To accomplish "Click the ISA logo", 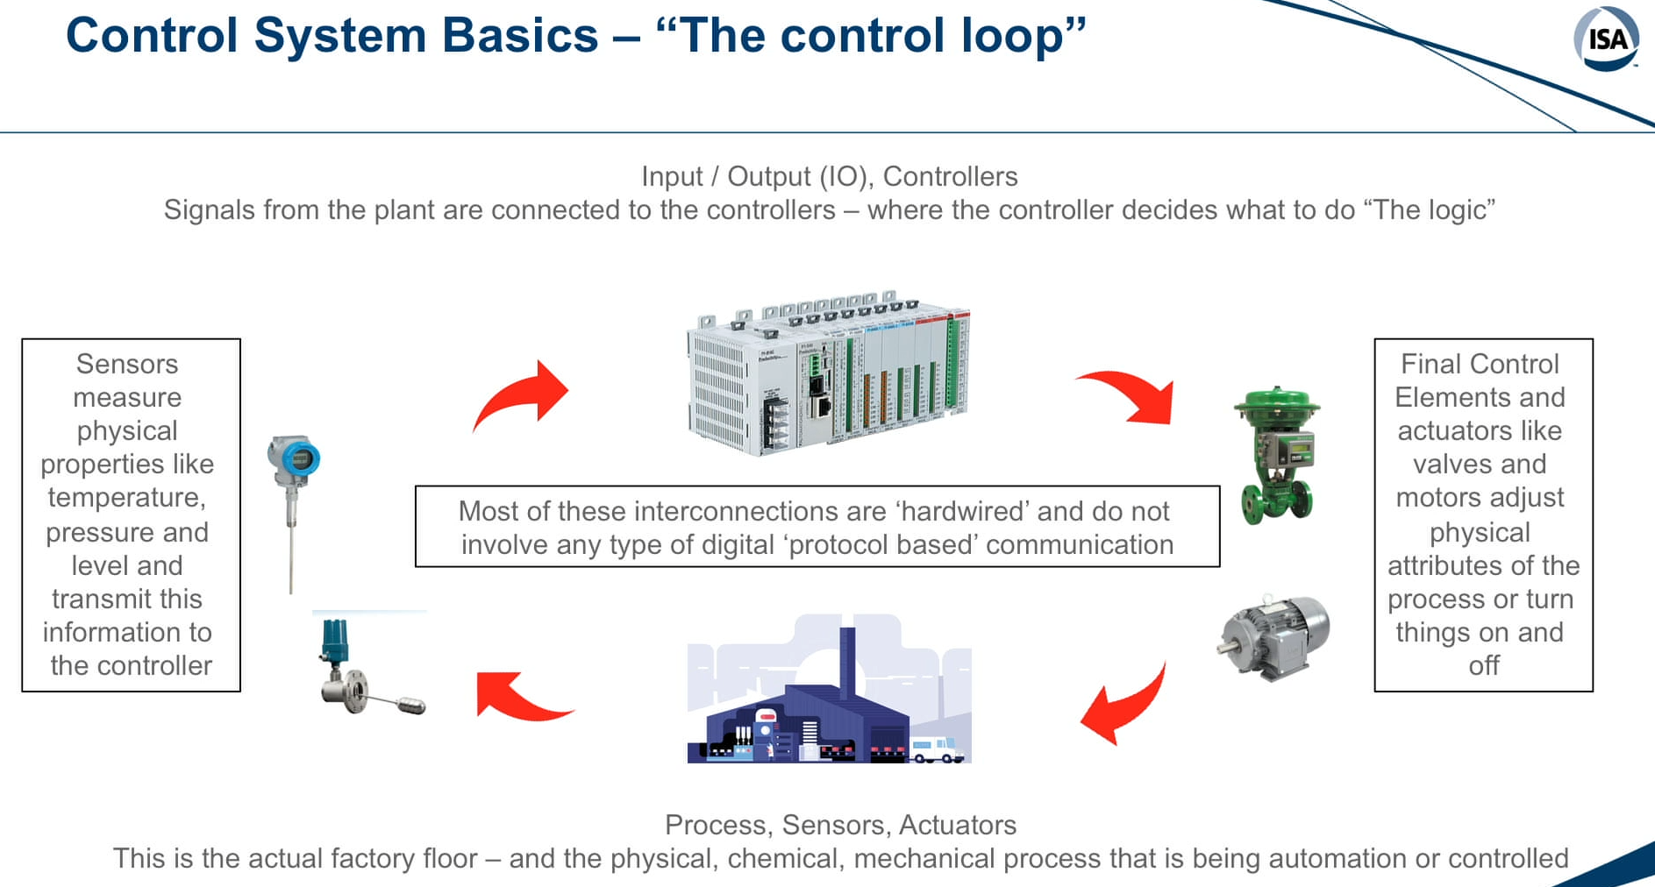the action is pos(1607,39).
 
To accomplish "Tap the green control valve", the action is pos(1277,455).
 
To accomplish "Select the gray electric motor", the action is pos(1273,636).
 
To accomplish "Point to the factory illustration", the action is pos(829,689).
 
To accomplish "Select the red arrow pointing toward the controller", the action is pos(521,396).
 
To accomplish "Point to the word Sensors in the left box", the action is pos(127,364).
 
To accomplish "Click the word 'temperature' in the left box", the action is pos(127,498).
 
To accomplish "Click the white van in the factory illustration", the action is pos(937,749).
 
